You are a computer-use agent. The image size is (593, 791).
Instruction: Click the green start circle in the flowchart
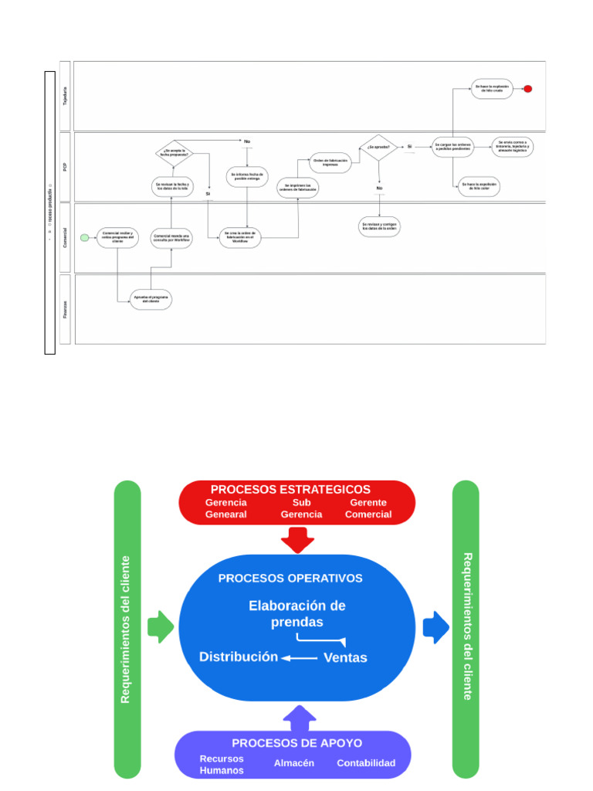tap(85, 237)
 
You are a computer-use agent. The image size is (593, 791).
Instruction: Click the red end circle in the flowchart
tap(528, 89)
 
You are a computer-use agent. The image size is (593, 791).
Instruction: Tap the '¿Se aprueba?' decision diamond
tap(379, 147)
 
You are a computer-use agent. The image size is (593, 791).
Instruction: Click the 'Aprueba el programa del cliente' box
tap(151, 299)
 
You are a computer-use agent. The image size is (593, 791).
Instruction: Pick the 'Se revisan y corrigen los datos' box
tap(380, 226)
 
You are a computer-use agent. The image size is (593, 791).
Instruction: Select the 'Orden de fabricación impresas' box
tap(330, 162)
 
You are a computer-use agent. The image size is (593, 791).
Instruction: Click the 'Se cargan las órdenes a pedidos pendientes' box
tap(452, 147)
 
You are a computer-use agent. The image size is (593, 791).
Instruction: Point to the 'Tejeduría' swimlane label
tap(64, 96)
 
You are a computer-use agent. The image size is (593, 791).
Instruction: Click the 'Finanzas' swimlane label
tap(64, 309)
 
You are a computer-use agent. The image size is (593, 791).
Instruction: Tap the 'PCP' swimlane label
tap(64, 167)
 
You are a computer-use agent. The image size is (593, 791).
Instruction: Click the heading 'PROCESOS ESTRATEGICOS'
tap(290, 490)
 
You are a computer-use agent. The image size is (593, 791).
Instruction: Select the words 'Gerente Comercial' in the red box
tap(368, 508)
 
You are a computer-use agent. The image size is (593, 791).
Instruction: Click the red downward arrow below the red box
tap(297, 539)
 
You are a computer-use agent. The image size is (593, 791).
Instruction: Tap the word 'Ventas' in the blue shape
tap(345, 658)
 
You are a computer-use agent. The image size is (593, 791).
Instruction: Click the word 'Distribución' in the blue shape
tap(239, 657)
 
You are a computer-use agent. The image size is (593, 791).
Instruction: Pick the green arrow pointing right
tap(161, 626)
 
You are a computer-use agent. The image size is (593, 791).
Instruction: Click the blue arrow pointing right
tap(436, 626)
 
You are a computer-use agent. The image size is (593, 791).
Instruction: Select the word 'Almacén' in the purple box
tap(294, 763)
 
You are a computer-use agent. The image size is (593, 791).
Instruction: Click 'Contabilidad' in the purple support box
tap(366, 763)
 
